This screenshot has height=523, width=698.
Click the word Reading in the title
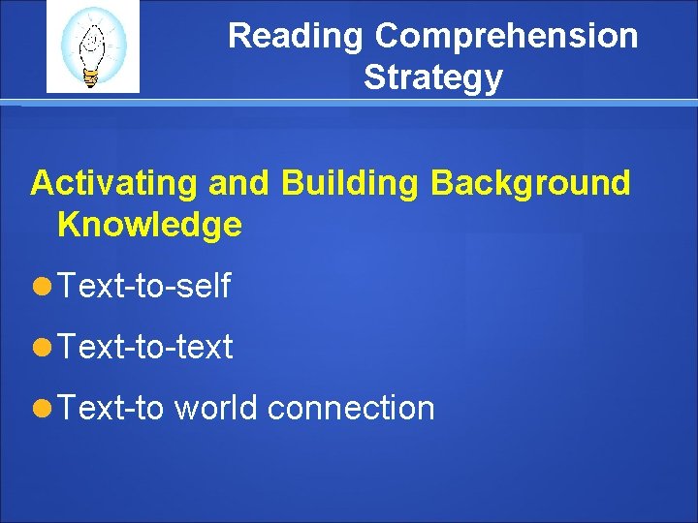(297, 37)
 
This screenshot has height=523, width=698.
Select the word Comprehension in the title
(506, 37)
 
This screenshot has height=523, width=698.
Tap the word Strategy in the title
(433, 77)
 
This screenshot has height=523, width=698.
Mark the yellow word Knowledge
(149, 225)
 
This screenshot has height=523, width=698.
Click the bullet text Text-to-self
(143, 286)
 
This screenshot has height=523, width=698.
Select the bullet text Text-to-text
(144, 347)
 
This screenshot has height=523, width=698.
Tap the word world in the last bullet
(215, 408)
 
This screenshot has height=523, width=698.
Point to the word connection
(350, 408)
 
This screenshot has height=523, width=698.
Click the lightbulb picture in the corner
(93, 46)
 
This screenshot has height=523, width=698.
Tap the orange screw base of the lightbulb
(91, 78)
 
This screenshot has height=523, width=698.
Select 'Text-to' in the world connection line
(111, 408)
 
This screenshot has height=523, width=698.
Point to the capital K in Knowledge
(68, 225)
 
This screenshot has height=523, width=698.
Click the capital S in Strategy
(374, 77)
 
